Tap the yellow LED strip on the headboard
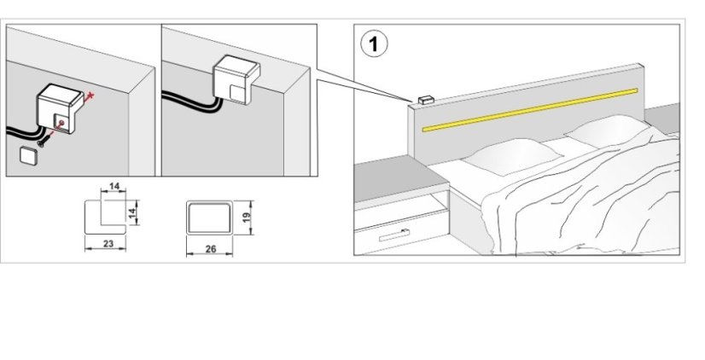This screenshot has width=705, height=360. pos(529,110)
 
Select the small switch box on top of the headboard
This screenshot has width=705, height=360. pos(424,101)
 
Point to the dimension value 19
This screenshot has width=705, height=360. pos(246,217)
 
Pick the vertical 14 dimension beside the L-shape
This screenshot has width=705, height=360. pos(132,211)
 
